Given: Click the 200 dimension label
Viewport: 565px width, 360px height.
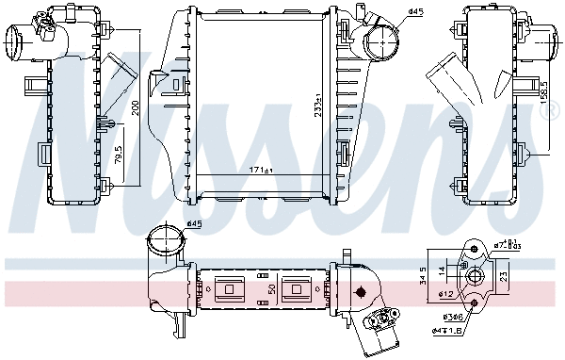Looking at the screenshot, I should tap(135, 110).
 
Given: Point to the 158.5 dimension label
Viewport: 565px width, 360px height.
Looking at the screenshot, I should tap(543, 91).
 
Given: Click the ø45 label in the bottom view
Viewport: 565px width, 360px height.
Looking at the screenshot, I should tap(195, 223).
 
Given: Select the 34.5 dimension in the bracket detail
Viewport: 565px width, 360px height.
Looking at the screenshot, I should tap(424, 275).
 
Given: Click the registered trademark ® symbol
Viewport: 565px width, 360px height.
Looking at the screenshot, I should tap(555, 115).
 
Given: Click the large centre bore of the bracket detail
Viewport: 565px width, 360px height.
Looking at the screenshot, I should tap(476, 276).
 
